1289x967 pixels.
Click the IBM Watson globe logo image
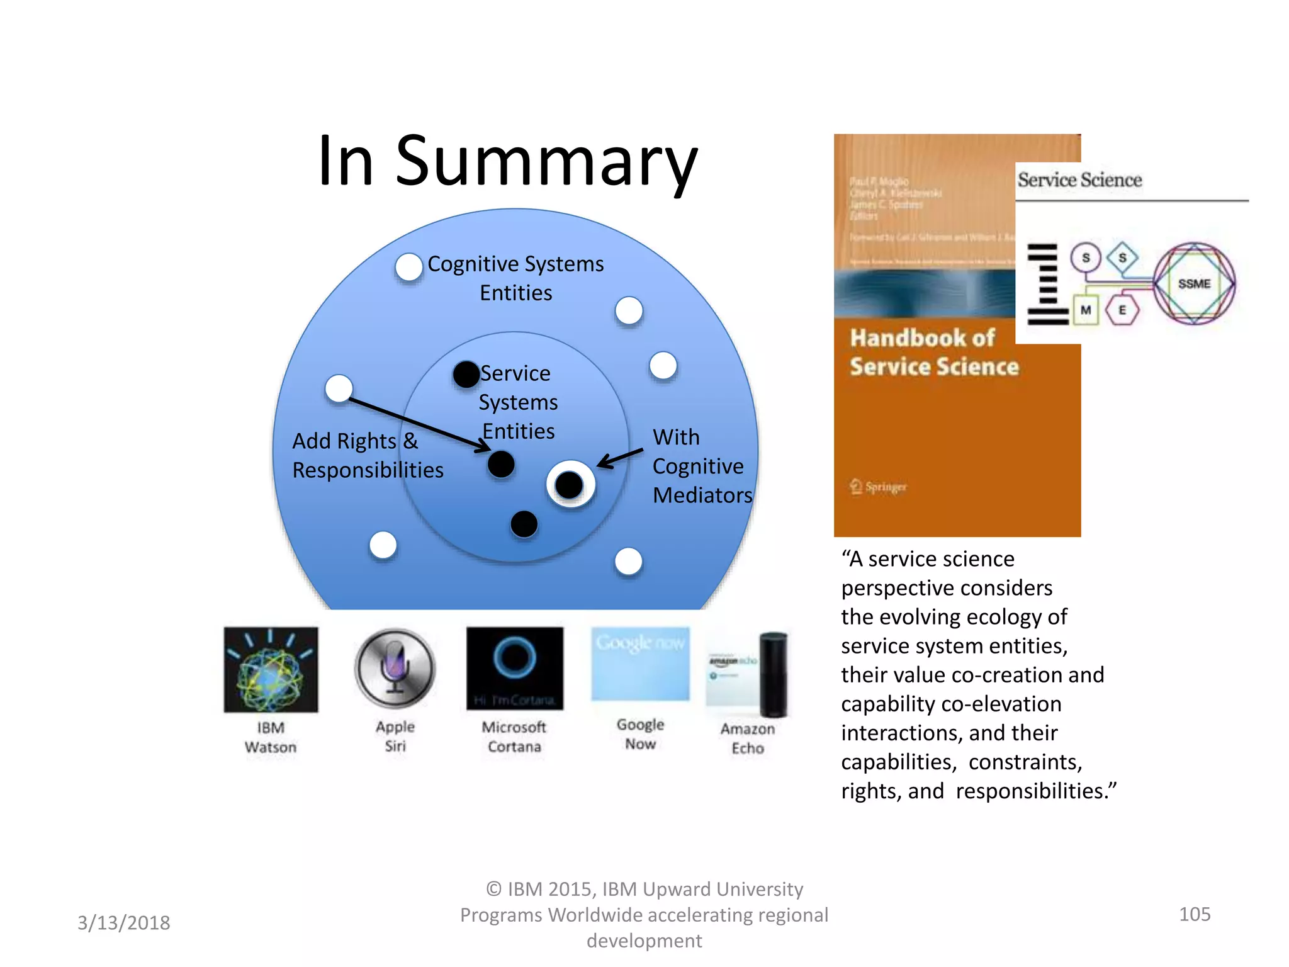pos(271,670)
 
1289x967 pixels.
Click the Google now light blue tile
pos(640,664)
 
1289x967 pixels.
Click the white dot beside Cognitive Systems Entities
pos(409,267)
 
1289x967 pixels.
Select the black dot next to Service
pos(466,375)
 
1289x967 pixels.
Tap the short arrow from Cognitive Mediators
pos(620,458)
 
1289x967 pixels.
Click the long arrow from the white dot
pos(419,424)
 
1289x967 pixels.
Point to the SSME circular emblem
pos(1194,284)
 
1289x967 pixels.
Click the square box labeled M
pos(1086,310)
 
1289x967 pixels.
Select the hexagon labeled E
pos(1122,310)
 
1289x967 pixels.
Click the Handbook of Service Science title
pos(933,353)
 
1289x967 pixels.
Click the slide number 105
pos(1194,914)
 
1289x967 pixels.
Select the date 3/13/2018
pos(124,923)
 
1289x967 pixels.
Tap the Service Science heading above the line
pos(1079,180)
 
